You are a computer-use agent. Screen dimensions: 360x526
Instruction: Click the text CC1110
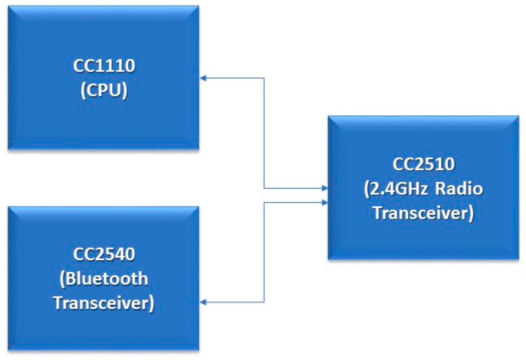(x=104, y=66)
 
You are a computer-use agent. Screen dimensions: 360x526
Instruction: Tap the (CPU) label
(x=104, y=90)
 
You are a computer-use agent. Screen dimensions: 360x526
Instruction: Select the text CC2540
(x=104, y=254)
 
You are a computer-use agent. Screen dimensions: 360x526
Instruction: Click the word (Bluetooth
(x=104, y=279)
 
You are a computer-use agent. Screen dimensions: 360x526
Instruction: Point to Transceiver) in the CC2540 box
(x=104, y=303)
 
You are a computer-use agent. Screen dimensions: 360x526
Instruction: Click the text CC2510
(x=423, y=164)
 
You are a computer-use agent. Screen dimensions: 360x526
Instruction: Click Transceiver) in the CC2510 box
(x=423, y=213)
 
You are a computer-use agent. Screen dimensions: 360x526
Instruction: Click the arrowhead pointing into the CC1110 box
(x=203, y=78)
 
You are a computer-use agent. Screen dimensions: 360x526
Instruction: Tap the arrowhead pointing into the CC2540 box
(x=203, y=302)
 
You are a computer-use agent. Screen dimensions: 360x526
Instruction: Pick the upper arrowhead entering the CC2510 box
(x=325, y=188)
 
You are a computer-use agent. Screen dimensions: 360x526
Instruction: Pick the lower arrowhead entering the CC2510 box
(x=325, y=203)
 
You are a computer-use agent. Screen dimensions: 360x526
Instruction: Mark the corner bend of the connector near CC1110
(x=264, y=78)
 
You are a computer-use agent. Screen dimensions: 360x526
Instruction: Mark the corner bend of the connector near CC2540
(x=264, y=302)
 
